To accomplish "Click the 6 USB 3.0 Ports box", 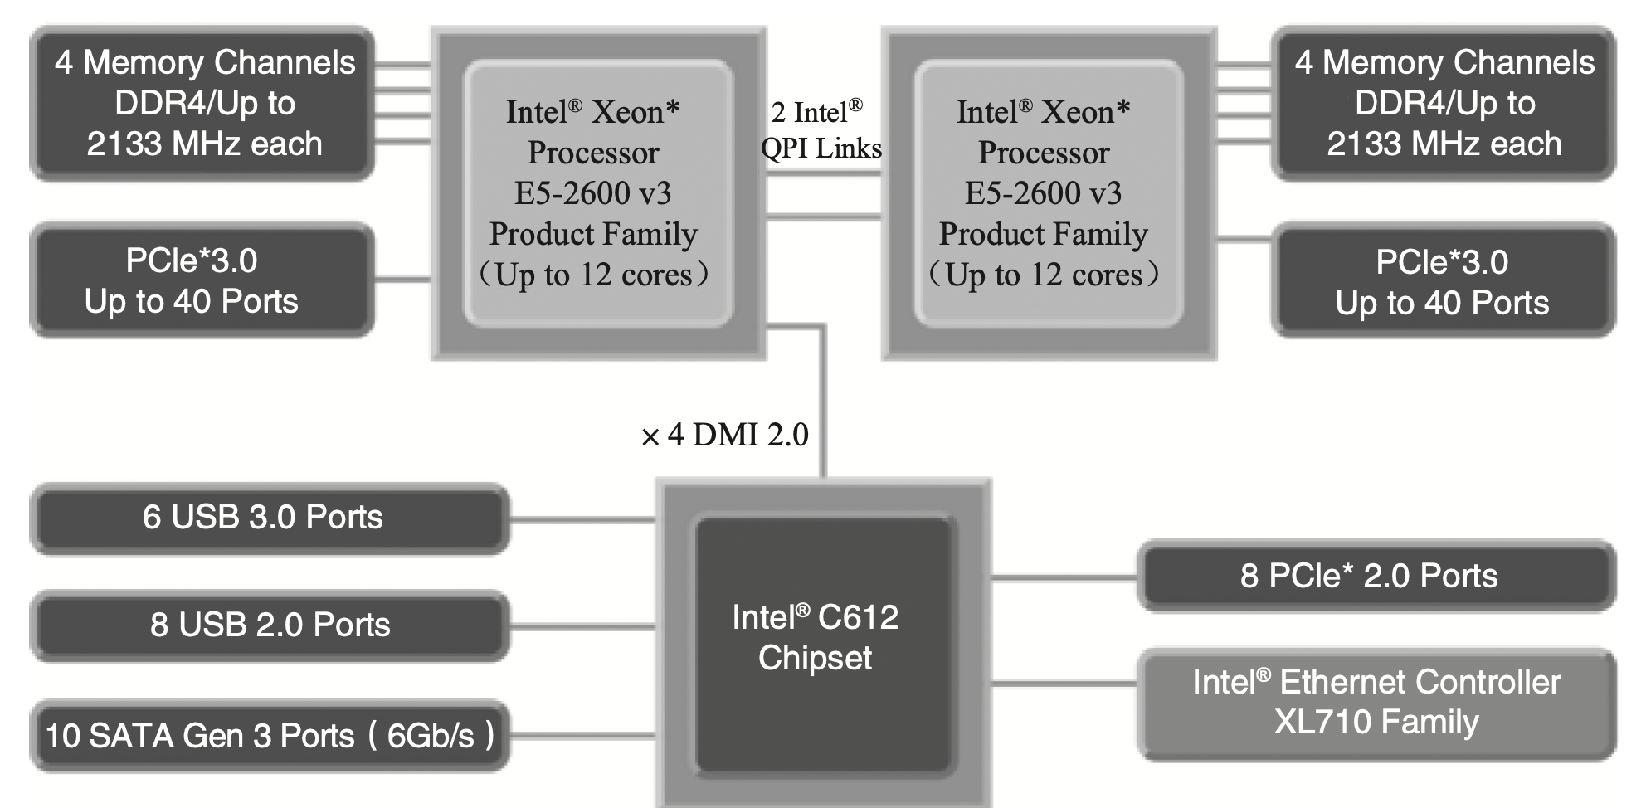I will tap(270, 518).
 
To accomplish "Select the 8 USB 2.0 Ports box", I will tap(270, 625).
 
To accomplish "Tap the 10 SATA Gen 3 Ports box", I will tap(270, 736).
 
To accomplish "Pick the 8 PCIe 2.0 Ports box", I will tap(1376, 576).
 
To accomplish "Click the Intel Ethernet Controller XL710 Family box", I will tap(1376, 703).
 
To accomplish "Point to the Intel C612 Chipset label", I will tap(815, 637).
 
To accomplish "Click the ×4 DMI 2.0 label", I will tap(725, 435).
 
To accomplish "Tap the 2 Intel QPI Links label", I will tap(821, 130).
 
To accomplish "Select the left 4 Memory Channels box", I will tap(203, 103).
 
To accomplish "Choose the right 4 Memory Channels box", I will tap(1443, 103).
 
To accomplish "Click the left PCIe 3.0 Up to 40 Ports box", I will tap(202, 280).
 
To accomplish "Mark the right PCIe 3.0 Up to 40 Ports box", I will tap(1443, 281).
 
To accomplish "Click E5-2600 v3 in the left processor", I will tap(592, 193).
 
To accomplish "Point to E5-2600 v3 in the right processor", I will tap(1043, 193).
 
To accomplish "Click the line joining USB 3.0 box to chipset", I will tap(582, 520).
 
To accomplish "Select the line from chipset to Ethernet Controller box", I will tap(1064, 684).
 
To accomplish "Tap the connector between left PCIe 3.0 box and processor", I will tap(402, 280).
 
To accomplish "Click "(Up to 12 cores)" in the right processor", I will tap(1043, 275).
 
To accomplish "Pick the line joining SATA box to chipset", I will tap(582, 736).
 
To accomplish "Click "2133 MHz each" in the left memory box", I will tap(204, 144).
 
